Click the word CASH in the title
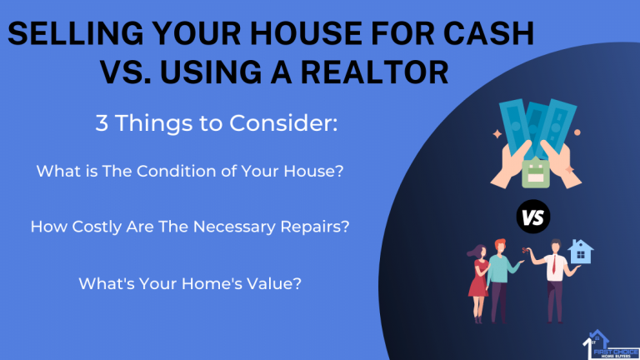[488, 33]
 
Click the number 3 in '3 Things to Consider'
[102, 122]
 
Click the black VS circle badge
[533, 217]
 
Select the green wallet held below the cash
[536, 173]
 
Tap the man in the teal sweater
[500, 281]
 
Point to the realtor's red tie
[554, 264]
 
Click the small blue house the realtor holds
[580, 252]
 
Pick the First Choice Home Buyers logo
[611, 345]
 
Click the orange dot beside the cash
[577, 132]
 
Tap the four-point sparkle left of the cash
[497, 134]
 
